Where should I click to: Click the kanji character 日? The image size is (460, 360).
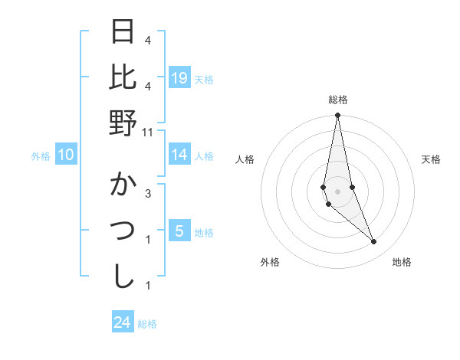point(123,33)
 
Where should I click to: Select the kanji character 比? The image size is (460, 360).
point(123,77)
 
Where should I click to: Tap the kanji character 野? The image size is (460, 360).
point(123,123)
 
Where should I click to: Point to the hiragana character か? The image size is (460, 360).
point(123,186)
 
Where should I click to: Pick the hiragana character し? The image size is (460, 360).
point(123,276)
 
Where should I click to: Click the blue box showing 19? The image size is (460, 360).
point(179,78)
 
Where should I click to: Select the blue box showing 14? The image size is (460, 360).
point(179,155)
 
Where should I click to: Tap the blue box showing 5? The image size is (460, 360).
point(179,231)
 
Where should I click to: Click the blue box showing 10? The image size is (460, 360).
point(65,155)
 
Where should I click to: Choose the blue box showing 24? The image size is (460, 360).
point(122,322)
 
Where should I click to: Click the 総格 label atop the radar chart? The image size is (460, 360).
point(337,100)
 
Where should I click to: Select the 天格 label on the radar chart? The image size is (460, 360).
point(431,159)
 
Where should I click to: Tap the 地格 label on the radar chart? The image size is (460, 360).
point(402,262)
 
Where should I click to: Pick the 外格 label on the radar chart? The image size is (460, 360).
point(270,262)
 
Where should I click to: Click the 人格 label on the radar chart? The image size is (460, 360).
point(245,159)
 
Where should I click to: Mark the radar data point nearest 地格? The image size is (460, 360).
point(373,242)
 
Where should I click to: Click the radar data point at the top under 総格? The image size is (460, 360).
point(337,116)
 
